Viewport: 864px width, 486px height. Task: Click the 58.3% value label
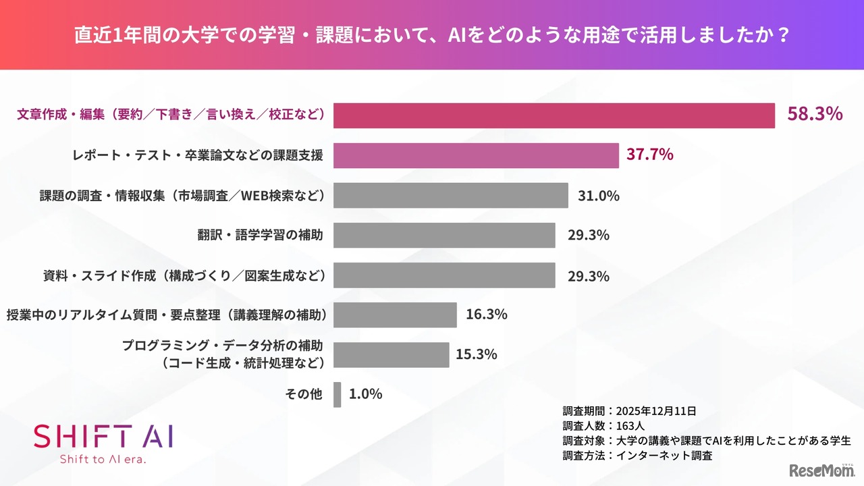pos(814,114)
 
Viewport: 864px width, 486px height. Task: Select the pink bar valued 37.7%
pos(476,155)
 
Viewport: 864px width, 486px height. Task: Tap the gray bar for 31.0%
pos(450,196)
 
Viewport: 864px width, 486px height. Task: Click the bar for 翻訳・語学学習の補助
pos(444,235)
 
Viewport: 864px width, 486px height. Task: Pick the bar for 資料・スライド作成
pos(444,275)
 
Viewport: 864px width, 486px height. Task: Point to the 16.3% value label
pos(486,315)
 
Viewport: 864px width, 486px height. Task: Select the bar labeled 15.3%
pos(391,354)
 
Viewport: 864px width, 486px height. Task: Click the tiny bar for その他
pos(337,394)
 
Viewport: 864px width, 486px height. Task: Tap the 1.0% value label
pos(366,394)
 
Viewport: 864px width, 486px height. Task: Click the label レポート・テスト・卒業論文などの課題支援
pos(197,155)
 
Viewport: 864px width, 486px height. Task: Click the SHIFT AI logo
pos(103,436)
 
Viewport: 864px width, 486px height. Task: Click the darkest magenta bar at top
pos(553,115)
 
